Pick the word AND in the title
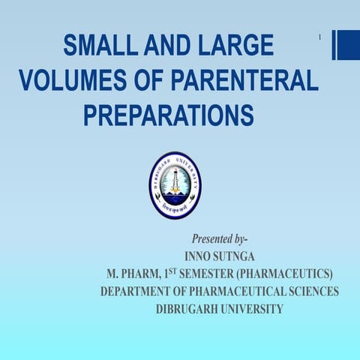[167, 46]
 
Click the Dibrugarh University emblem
[175, 185]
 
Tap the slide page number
[319, 37]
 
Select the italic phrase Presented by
[218, 239]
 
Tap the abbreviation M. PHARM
[134, 274]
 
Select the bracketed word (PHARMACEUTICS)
[284, 274]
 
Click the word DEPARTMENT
[136, 291]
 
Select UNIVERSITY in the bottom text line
[253, 308]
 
